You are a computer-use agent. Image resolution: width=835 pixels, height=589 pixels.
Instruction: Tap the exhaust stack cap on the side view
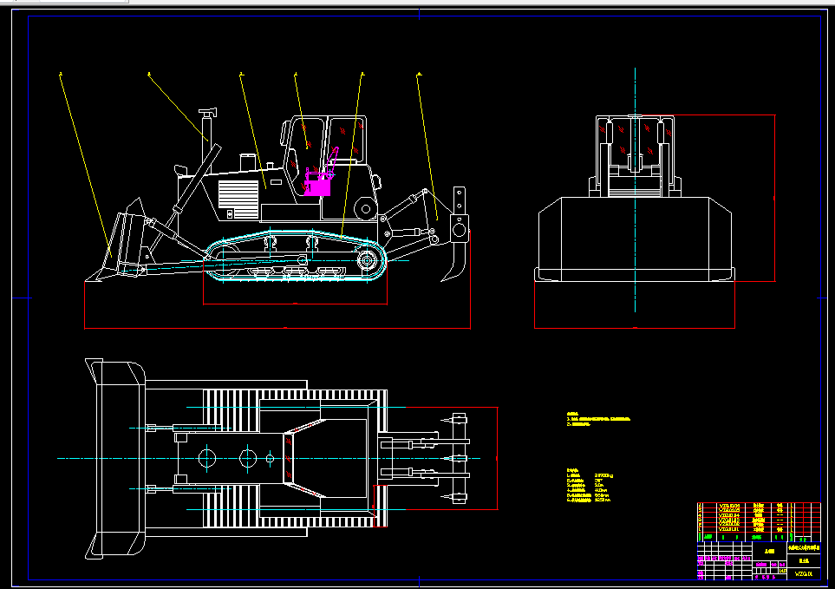tap(206, 113)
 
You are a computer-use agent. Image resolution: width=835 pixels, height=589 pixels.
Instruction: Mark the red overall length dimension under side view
tap(277, 329)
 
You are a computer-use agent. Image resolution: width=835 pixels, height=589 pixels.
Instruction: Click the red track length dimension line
tap(295, 304)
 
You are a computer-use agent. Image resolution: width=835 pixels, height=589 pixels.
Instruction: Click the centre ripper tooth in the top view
tap(456, 457)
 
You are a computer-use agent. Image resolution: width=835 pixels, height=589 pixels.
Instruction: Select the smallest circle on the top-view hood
tap(270, 457)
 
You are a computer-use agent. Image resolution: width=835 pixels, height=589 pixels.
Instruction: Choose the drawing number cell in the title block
tap(804, 573)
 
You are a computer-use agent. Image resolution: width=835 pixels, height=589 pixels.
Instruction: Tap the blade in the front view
tap(635, 239)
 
